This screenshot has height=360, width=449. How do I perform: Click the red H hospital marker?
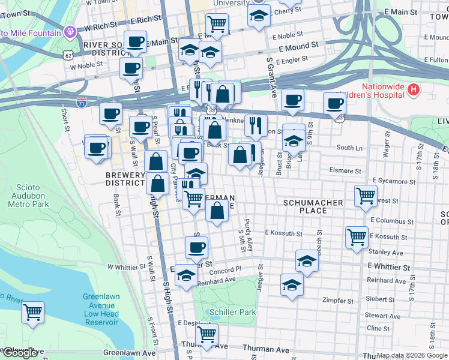[412, 90]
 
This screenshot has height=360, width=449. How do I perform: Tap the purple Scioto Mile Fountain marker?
[70, 30]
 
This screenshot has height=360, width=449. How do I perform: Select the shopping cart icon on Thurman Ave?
[206, 333]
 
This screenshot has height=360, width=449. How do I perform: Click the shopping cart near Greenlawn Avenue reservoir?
[32, 312]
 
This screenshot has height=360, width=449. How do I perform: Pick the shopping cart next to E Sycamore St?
[366, 194]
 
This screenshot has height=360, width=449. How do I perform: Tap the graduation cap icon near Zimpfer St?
[292, 284]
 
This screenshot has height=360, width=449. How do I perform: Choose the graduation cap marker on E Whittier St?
[307, 261]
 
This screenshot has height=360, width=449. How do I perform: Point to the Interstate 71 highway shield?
[82, 103]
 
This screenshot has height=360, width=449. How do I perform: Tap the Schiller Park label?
[233, 312]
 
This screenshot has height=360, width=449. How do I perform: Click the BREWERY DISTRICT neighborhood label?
[125, 179]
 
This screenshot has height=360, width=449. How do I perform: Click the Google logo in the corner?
[20, 353]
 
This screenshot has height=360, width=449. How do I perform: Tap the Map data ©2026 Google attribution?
[412, 355]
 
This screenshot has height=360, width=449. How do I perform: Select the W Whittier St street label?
[127, 266]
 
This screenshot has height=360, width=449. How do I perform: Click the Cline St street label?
[378, 328]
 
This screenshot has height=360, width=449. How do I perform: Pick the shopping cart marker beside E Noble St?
[216, 24]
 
